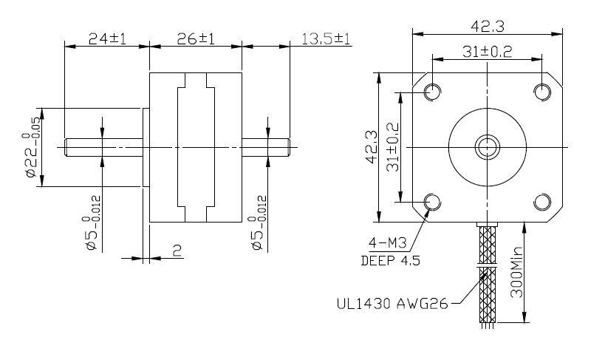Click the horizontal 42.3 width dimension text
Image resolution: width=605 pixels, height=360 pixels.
coord(487,26)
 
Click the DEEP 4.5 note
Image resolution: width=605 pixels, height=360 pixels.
coord(389,260)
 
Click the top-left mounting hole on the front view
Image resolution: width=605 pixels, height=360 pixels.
coord(431,92)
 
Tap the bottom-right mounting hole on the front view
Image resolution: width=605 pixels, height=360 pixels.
coord(542,202)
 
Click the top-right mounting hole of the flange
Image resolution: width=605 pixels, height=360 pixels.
coord(542,92)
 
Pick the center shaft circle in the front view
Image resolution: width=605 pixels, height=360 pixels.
coord(487,147)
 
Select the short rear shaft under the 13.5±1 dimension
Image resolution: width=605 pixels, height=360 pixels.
coord(266,148)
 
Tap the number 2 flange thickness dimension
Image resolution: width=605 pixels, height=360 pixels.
coord(177,251)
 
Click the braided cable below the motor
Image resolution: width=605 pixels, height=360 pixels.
coord(487,274)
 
